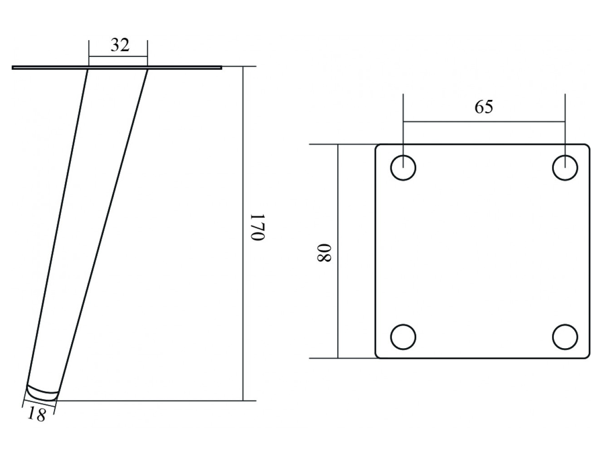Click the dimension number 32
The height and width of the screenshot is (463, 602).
click(x=120, y=45)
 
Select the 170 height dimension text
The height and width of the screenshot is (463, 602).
click(x=258, y=227)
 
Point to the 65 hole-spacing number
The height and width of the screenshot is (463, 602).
click(x=484, y=107)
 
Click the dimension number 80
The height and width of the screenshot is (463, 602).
click(x=324, y=252)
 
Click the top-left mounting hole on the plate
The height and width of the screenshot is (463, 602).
click(x=403, y=168)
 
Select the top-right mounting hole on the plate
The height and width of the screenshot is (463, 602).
click(x=565, y=168)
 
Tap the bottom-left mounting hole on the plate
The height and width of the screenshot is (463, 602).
click(x=403, y=337)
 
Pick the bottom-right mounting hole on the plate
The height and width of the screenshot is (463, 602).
click(x=565, y=337)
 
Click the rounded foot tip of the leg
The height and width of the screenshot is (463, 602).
click(x=42, y=393)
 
